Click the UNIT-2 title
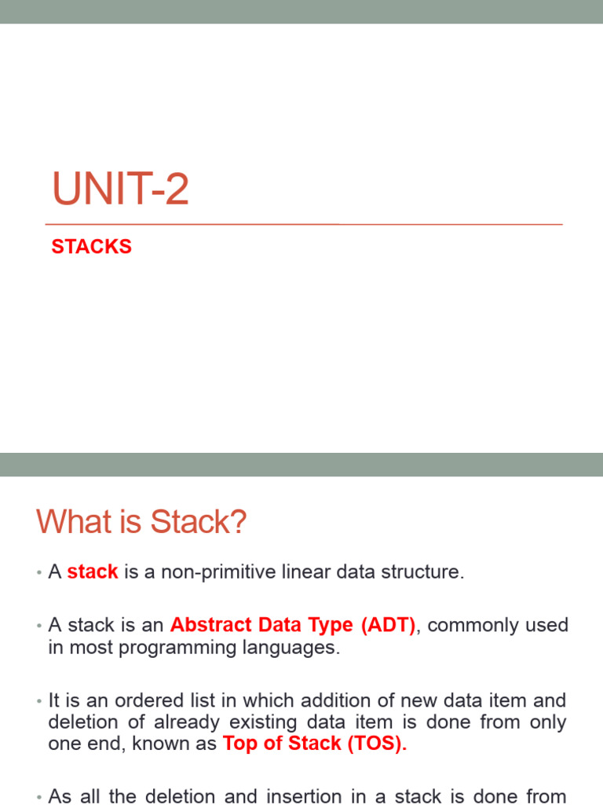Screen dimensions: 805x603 point(120,190)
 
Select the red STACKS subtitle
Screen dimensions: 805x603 point(91,247)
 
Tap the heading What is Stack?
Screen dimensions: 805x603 point(141,522)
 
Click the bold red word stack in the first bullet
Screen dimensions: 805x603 point(93,572)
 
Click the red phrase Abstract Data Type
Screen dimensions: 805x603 point(261,626)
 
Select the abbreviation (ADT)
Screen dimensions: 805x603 point(389,626)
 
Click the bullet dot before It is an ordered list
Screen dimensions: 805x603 point(38,700)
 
